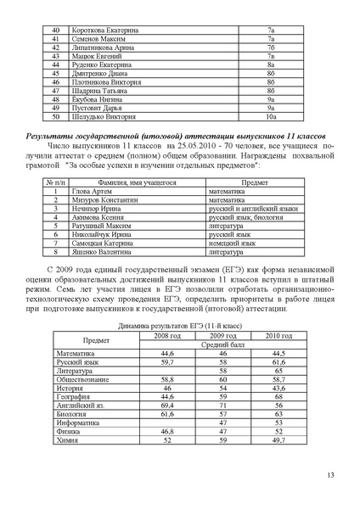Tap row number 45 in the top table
click(56, 74)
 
